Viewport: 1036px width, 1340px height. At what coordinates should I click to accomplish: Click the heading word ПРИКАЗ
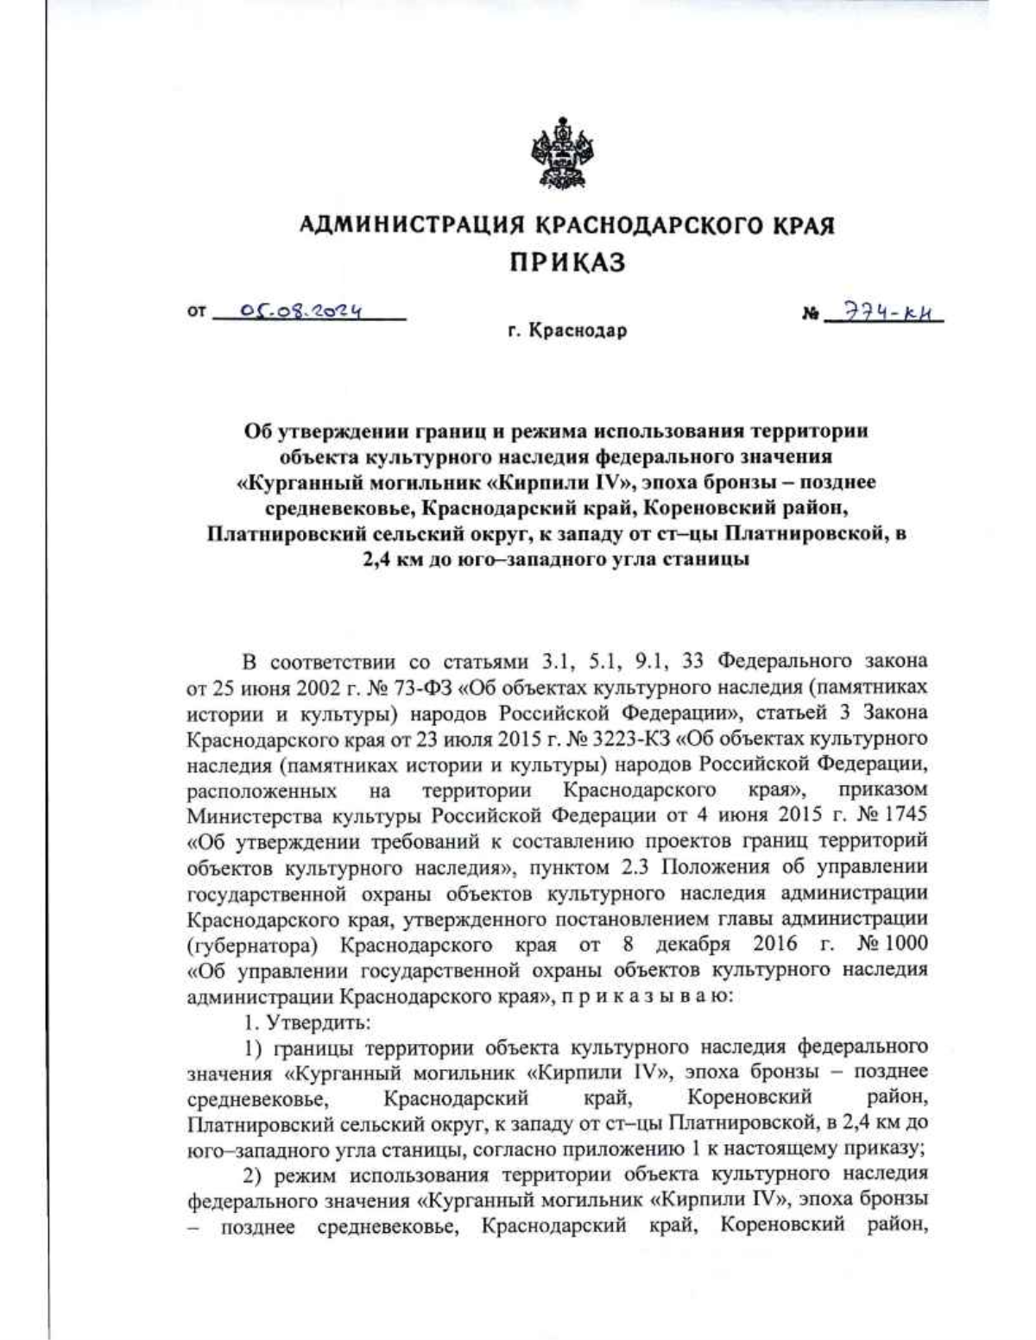click(x=566, y=262)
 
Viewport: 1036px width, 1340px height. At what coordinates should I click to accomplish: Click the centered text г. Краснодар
click(x=566, y=330)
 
